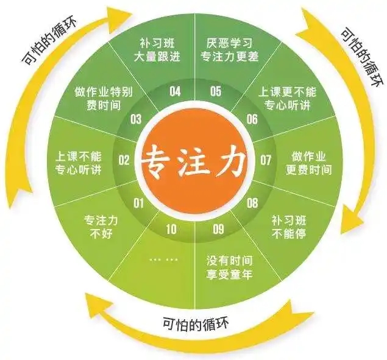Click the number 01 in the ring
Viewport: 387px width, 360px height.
click(139, 203)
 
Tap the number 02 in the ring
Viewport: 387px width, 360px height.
click(124, 160)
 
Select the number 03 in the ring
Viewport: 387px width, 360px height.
click(136, 119)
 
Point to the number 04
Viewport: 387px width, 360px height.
click(175, 91)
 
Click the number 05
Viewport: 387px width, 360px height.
click(216, 91)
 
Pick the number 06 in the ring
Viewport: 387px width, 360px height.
click(252, 119)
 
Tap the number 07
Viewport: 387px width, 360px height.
click(266, 160)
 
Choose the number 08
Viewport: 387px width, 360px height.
click(252, 203)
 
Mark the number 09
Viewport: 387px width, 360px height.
click(218, 230)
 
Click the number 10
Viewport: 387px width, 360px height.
click(171, 230)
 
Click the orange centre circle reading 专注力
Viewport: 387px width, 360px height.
click(194, 163)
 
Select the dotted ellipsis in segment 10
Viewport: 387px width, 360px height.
click(163, 259)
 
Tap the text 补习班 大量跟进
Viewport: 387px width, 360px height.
click(157, 50)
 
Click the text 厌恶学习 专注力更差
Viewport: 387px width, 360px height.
click(230, 50)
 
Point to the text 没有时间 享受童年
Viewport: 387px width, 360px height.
click(230, 267)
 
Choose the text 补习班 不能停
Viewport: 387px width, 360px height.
click(289, 227)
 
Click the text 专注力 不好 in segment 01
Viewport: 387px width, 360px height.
click(101, 227)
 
